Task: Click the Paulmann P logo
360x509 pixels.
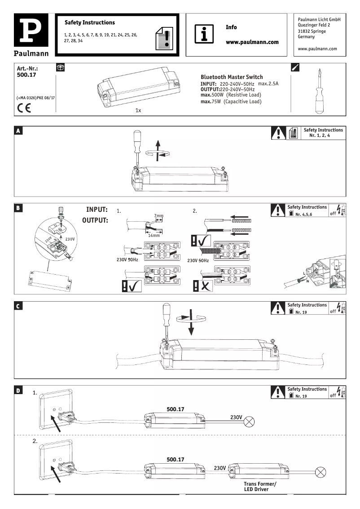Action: (31, 34)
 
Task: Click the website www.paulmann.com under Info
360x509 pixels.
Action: (252, 42)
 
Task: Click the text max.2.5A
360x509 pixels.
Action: (268, 84)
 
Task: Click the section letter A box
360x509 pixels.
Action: (18, 131)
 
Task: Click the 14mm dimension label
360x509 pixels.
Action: (154, 235)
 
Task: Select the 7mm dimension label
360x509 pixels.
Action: (158, 216)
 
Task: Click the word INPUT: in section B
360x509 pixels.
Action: (97, 210)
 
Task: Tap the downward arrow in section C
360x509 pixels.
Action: (191, 322)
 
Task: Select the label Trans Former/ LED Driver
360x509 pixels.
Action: (260, 487)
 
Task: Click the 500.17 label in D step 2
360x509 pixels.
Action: (176, 460)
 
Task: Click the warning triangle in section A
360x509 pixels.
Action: (279, 133)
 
